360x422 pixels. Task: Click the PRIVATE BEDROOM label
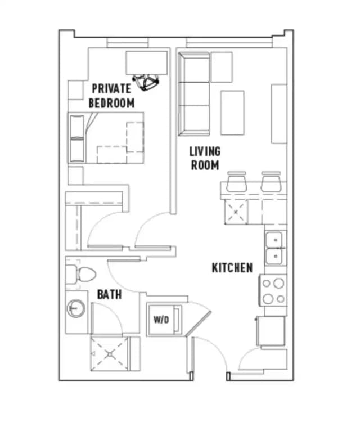click(x=112, y=96)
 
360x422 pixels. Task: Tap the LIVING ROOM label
click(x=205, y=158)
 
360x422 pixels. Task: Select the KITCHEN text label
click(x=232, y=267)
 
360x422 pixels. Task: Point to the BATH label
click(x=109, y=294)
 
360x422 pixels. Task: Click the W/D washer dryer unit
click(x=161, y=320)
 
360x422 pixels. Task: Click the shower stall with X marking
click(x=109, y=354)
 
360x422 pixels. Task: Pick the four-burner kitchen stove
click(x=273, y=291)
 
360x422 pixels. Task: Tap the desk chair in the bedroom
click(x=147, y=82)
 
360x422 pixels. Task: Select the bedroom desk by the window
click(x=147, y=61)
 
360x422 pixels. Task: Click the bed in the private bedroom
click(x=106, y=137)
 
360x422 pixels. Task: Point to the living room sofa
click(x=194, y=93)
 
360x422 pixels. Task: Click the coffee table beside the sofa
click(x=232, y=113)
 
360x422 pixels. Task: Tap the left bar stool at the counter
click(x=236, y=181)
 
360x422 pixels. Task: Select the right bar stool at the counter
click(x=271, y=181)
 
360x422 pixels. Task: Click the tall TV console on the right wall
click(x=279, y=113)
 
